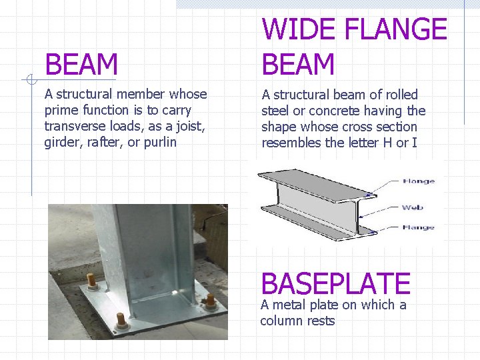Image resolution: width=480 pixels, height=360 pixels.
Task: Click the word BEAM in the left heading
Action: pos(81,65)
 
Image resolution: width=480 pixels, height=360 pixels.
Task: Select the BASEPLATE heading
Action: pos(335,284)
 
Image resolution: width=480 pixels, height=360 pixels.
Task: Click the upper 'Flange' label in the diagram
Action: pos(419,181)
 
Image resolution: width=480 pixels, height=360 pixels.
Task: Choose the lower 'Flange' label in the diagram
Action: pos(419,227)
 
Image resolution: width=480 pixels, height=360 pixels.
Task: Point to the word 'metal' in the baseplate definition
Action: pos(291,305)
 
